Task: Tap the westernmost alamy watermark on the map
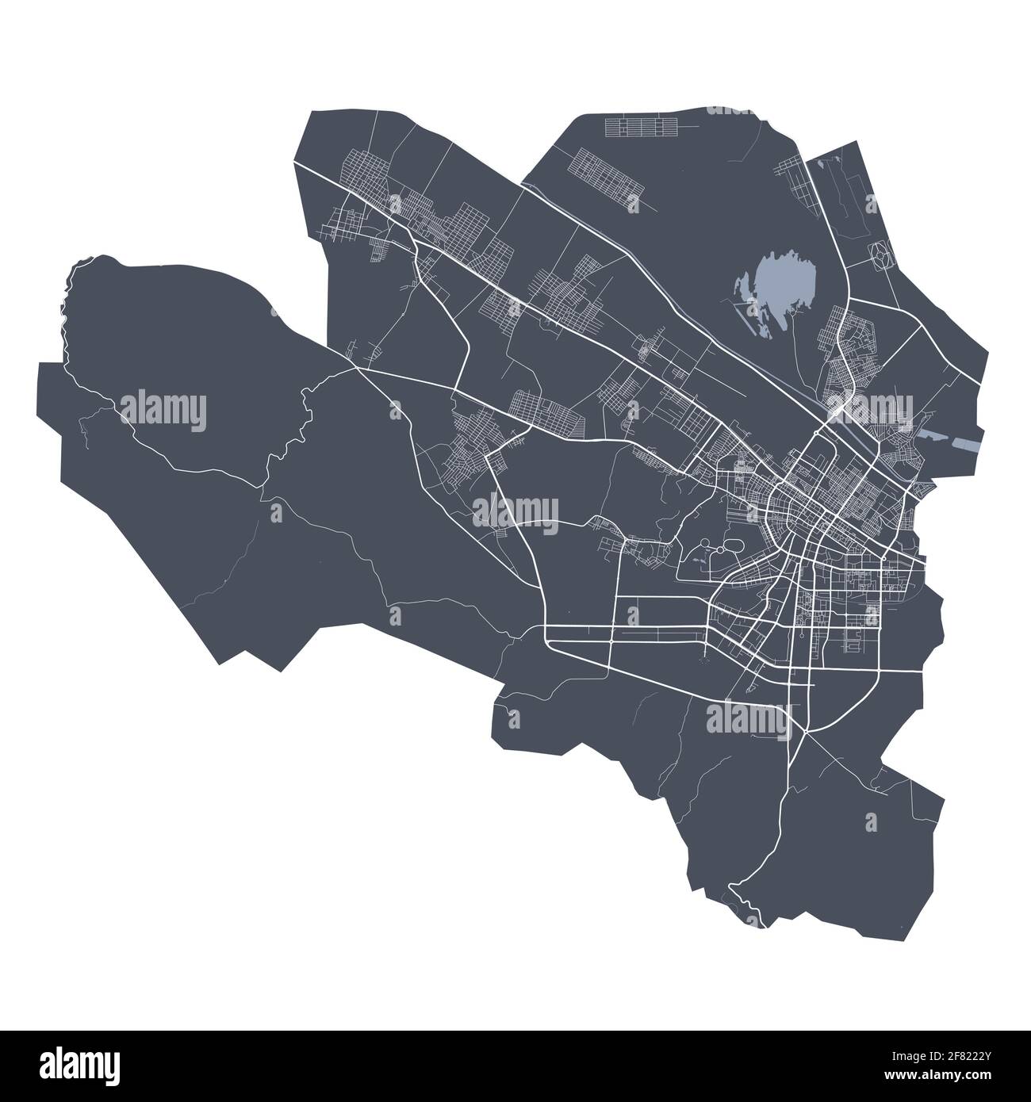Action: [163, 410]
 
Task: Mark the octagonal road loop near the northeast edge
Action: [881, 254]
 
